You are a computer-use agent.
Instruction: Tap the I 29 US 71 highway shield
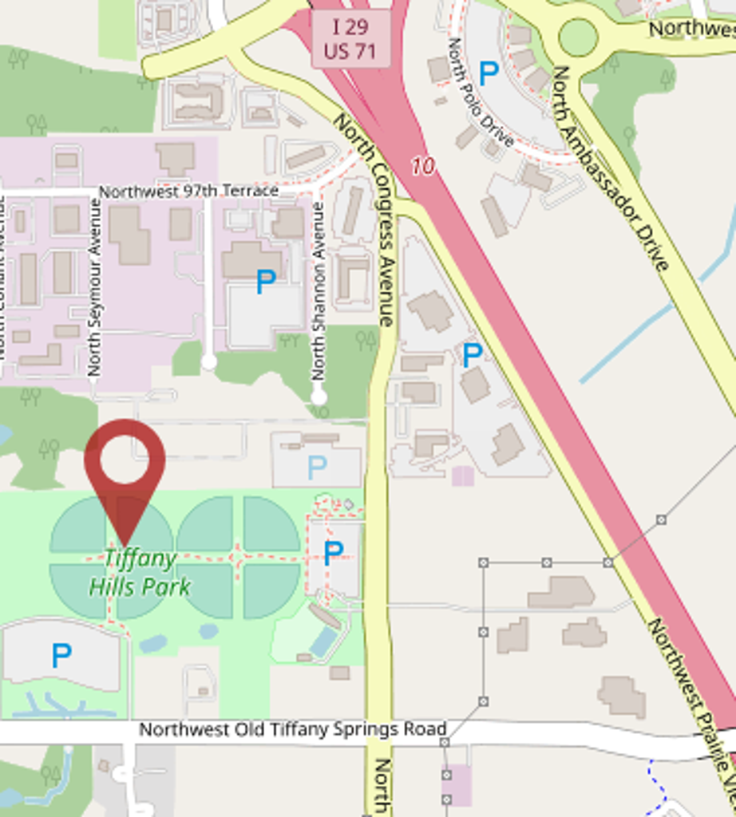pos(350,38)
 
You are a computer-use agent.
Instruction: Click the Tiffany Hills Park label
pos(140,573)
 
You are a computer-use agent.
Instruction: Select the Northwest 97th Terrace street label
pos(188,191)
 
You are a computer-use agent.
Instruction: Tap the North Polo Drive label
pos(480,92)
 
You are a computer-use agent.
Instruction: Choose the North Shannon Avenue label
pos(319,290)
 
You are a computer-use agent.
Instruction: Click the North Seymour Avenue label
pos(95,287)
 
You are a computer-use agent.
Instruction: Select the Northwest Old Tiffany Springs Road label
pos(292,729)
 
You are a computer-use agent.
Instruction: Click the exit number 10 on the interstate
pos(424,166)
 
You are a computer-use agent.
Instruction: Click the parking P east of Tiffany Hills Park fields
pos(333,552)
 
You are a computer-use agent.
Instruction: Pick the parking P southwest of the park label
pos(61,656)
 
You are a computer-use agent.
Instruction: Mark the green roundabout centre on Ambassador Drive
pos(578,37)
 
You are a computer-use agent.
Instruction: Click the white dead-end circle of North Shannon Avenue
pos(319,397)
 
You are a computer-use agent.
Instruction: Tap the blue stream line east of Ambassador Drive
pos(655,319)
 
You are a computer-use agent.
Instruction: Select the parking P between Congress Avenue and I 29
pos(473,355)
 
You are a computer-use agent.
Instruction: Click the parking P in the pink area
pos(265,281)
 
